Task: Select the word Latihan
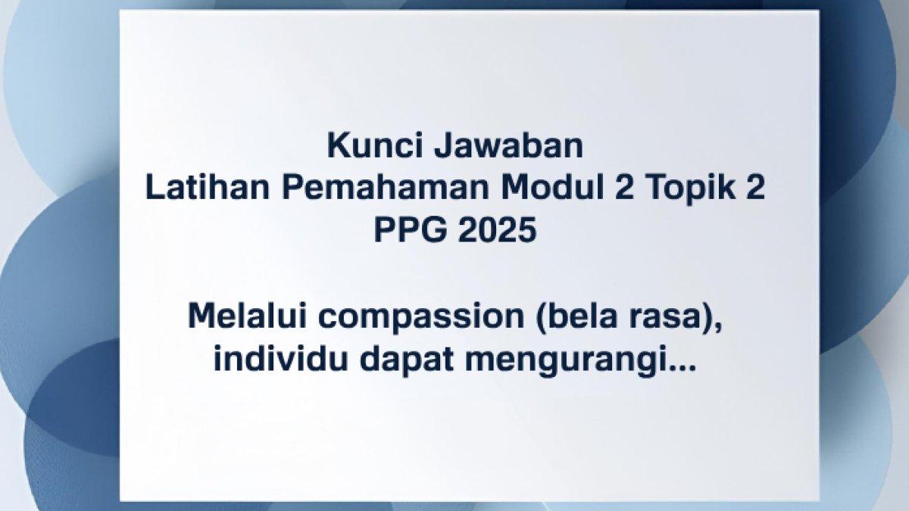point(208,188)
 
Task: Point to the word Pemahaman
point(386,188)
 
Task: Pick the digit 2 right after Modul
point(624,188)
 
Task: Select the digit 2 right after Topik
point(756,188)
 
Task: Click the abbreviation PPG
point(411,230)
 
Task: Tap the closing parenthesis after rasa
point(709,319)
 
